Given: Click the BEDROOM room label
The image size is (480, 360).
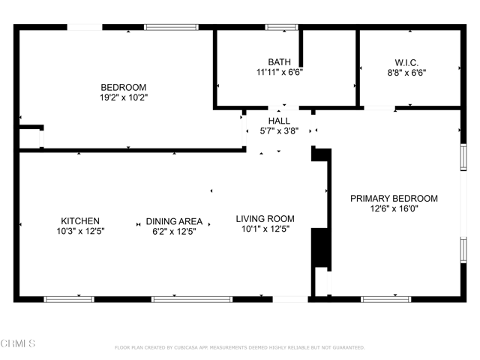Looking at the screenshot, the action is coord(124,87).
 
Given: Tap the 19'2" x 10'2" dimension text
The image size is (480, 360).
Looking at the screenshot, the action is coord(124,97).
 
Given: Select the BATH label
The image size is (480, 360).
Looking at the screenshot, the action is coord(279,62).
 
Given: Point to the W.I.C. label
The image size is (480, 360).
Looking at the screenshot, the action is coord(406,63).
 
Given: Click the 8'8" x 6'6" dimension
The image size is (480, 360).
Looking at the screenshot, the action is coord(406,73).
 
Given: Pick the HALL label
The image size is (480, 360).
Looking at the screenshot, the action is coord(279,121).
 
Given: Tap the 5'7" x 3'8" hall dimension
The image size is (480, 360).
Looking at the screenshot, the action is coord(279,131).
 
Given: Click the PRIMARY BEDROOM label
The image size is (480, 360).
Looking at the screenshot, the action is coord(394,198).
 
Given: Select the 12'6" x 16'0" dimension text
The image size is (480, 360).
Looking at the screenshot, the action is coord(394,208).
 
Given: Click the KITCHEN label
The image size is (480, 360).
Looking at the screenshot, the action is coord(80,221).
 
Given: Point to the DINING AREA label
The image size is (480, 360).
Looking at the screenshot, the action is coord(174,221).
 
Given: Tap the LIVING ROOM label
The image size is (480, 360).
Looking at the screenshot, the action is coord(265,219).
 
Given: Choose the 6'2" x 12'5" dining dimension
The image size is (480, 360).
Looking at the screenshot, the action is coord(174,232).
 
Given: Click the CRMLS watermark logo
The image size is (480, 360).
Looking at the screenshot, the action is coord(18,343).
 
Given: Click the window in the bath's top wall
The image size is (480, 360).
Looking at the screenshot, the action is coord(281,27).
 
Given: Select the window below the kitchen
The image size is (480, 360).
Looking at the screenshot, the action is coord(69,299).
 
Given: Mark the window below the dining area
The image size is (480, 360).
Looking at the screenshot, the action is coord(192,299).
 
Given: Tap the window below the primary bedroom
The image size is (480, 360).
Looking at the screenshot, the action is coord(385,299).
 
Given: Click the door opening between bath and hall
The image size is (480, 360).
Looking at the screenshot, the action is coord(283,108).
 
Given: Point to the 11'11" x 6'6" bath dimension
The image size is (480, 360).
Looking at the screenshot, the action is coord(279,73).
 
